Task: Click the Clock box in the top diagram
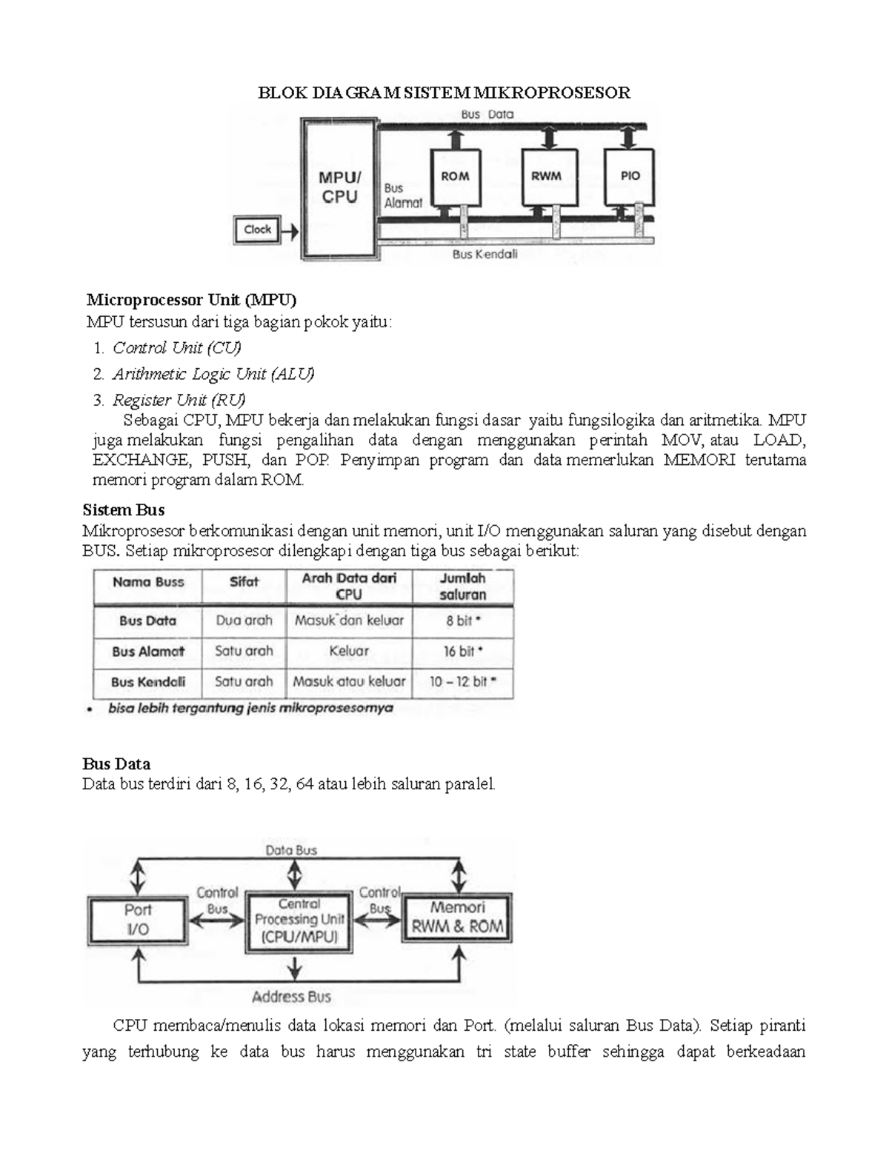[x=257, y=230]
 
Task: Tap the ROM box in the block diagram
[x=455, y=177]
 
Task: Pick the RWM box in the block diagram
[x=546, y=177]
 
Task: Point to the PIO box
[x=630, y=177]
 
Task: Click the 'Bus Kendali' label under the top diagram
[x=485, y=255]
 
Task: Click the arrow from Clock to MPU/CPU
[x=290, y=232]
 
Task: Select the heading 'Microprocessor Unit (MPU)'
[x=191, y=300]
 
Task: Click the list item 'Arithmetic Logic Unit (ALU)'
[x=213, y=374]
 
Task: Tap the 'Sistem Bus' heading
[x=124, y=510]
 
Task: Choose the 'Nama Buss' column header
[x=148, y=582]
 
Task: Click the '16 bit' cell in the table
[x=463, y=652]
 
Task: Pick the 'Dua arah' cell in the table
[x=244, y=621]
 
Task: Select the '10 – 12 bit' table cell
[x=463, y=682]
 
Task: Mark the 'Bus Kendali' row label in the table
[x=148, y=682]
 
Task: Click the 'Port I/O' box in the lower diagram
[x=138, y=919]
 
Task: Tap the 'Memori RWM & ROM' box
[x=457, y=917]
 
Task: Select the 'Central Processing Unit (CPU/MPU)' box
[x=299, y=920]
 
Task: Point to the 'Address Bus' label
[x=291, y=997]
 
